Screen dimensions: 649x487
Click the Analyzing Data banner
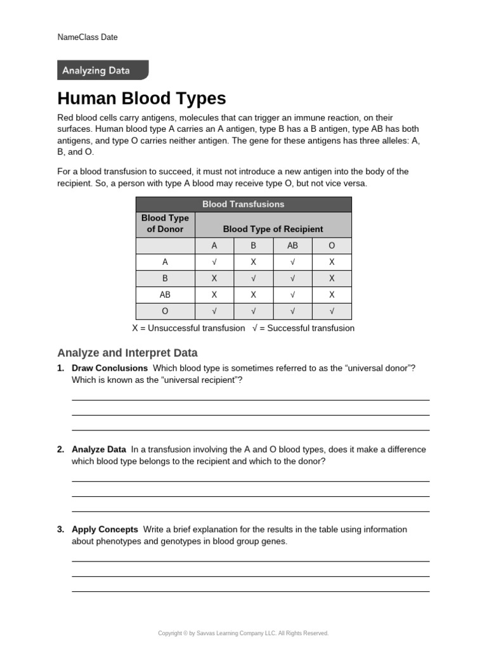click(x=102, y=70)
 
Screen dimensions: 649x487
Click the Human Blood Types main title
click(x=141, y=99)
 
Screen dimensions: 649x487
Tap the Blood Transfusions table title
click(x=243, y=204)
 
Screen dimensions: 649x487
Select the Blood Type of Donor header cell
click(x=165, y=224)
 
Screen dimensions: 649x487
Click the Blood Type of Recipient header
click(x=273, y=229)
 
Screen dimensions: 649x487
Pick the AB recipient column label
click(x=292, y=245)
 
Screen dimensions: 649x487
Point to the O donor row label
click(x=166, y=311)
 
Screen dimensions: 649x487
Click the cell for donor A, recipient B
click(x=253, y=262)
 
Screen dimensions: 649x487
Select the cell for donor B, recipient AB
click(x=292, y=278)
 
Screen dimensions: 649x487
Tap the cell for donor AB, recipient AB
click(x=292, y=295)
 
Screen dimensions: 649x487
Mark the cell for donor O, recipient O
click(x=332, y=311)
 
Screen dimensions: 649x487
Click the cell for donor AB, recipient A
click(x=214, y=295)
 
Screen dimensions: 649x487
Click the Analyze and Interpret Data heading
click(x=127, y=353)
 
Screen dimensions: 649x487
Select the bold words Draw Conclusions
click(x=110, y=368)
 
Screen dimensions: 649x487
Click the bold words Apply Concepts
click(x=105, y=529)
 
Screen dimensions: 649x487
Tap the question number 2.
click(x=60, y=449)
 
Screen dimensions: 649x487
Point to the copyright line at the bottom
click(x=243, y=633)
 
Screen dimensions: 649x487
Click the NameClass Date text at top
click(x=88, y=37)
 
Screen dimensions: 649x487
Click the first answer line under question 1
click(x=250, y=399)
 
